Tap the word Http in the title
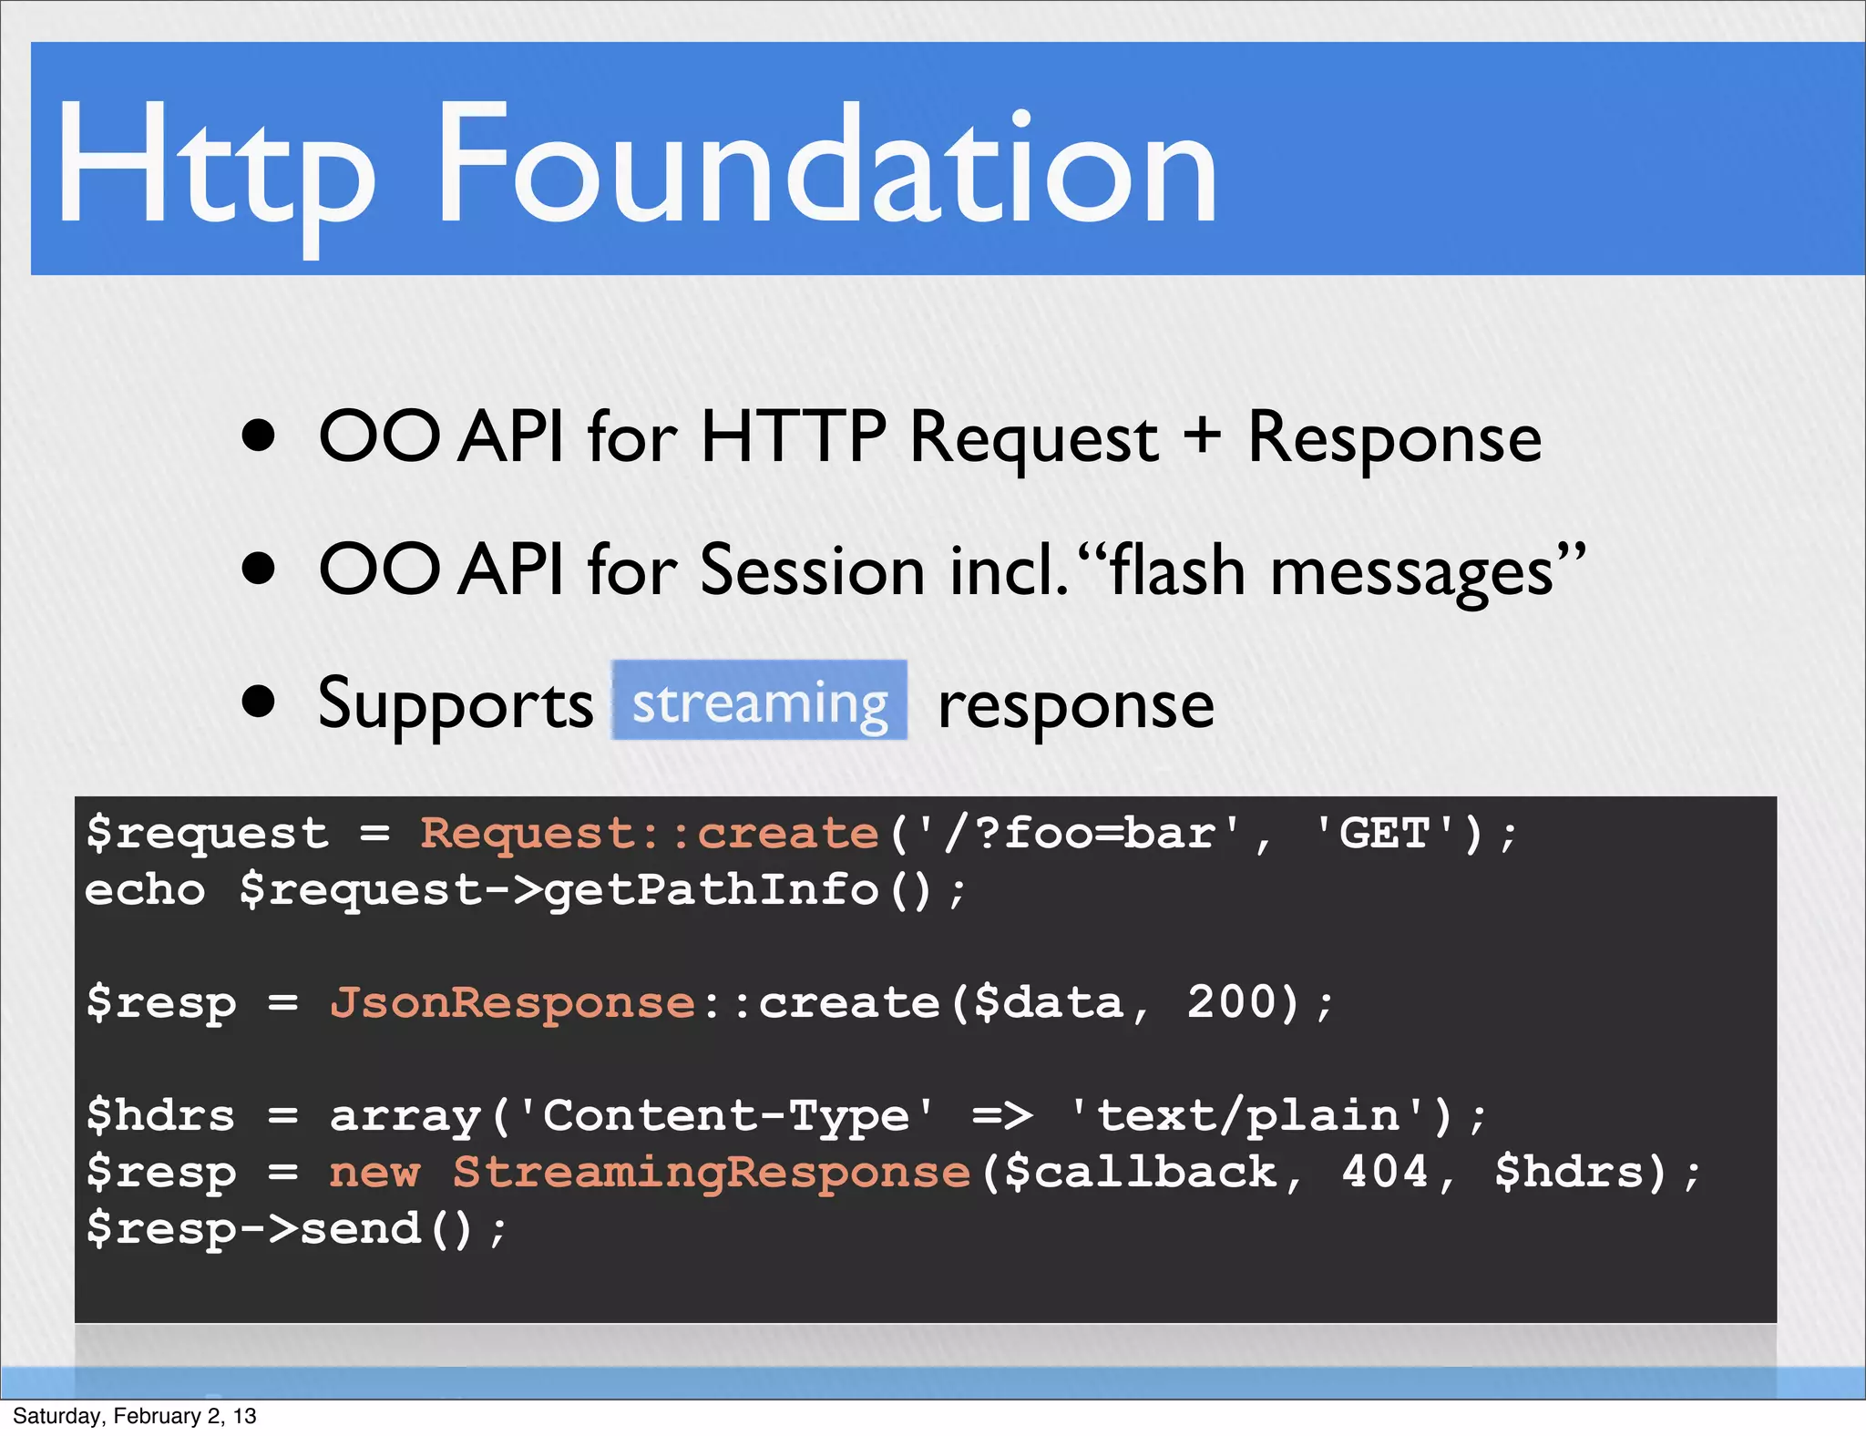(215, 169)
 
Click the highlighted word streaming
(760, 702)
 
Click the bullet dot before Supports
(259, 702)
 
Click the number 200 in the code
(1232, 1002)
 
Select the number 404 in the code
(1385, 1171)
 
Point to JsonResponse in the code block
(512, 1002)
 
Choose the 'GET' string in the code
(1385, 833)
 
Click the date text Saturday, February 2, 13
(135, 1416)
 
